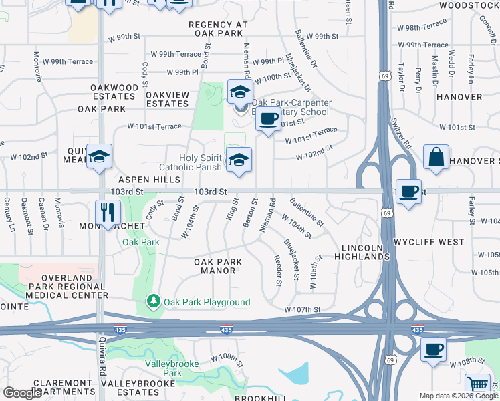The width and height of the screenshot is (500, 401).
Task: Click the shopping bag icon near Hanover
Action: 436,158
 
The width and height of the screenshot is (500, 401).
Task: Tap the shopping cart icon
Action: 477,385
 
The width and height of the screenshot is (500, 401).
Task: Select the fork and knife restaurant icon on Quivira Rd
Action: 107,212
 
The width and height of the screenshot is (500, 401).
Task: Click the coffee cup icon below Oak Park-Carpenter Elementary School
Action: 268,119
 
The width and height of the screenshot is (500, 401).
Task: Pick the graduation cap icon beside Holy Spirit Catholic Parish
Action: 239,159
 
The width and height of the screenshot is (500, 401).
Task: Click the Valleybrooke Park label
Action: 164,369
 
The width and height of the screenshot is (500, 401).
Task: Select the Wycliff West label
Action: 428,241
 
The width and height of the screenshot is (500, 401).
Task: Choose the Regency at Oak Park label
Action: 218,29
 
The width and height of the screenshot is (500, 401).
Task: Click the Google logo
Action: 22,393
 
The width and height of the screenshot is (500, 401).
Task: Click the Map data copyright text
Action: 459,396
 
